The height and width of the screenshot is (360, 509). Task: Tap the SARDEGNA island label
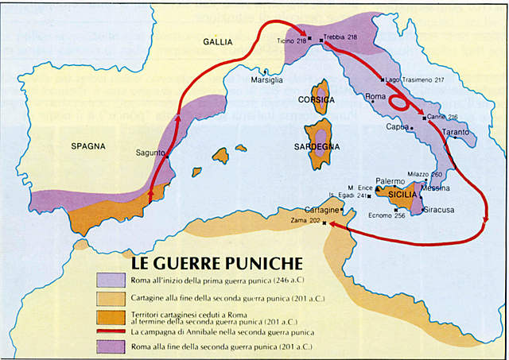click(318, 147)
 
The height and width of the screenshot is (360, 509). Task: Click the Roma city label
click(374, 97)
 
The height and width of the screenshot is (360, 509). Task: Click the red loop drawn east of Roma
click(400, 103)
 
